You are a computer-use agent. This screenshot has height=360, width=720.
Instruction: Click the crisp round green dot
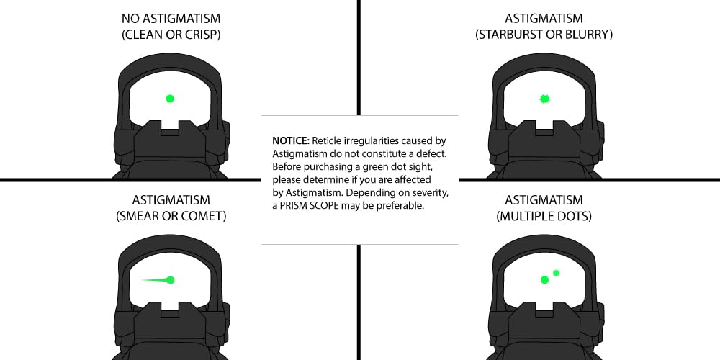[x=170, y=98]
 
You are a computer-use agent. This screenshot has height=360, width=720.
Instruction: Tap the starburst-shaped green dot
[x=544, y=98]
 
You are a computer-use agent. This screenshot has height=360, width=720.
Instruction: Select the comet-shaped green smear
[x=159, y=279]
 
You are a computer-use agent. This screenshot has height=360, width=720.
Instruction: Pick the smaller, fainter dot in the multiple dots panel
[x=556, y=273]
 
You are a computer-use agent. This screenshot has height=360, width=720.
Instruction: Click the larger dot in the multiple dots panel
[x=544, y=279]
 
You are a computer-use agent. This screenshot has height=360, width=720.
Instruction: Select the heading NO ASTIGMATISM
[x=171, y=19]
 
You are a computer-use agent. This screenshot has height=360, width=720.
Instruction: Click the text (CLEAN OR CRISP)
[x=171, y=35]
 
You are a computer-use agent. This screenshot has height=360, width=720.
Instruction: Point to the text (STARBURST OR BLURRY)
[x=544, y=35]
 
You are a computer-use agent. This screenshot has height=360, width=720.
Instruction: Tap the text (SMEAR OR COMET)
[x=171, y=216]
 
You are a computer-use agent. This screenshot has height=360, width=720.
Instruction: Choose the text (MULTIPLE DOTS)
[x=544, y=216]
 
